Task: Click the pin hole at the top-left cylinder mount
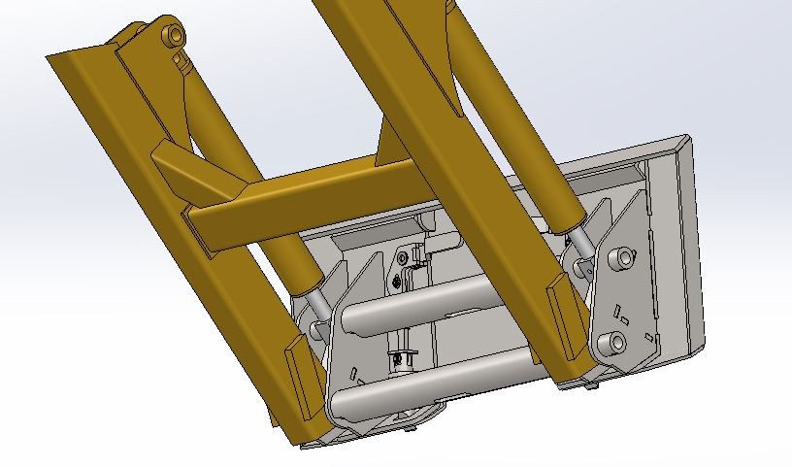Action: [175, 36]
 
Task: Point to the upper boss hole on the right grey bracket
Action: [618, 259]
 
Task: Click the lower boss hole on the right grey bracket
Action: [613, 341]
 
